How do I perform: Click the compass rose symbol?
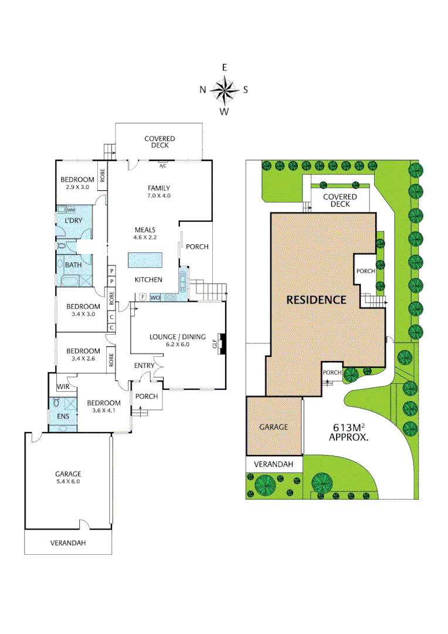[x=223, y=90]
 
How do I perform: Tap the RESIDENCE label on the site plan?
[x=316, y=299]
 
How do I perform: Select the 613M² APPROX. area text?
[x=348, y=432]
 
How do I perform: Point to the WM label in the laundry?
[x=71, y=210]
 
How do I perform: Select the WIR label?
[x=64, y=387]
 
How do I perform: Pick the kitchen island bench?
[x=144, y=260]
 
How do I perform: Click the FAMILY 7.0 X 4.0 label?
[x=159, y=192]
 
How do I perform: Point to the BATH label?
[x=73, y=265]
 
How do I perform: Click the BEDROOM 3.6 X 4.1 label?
[x=103, y=407]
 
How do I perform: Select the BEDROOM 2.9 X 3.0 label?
[x=77, y=183]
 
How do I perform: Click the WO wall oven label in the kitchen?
[x=155, y=298]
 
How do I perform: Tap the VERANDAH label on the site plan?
[x=273, y=464]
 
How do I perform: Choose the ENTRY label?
[x=144, y=366]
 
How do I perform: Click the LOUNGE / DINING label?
[x=177, y=340]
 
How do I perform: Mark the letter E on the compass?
[x=224, y=68]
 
